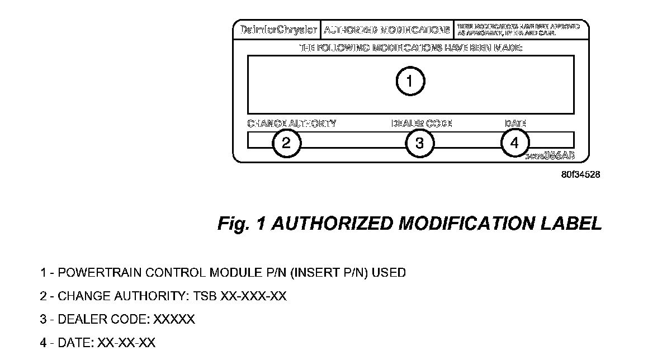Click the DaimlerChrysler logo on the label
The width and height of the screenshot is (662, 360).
coord(276,30)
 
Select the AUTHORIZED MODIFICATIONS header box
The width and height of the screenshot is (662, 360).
coord(386,30)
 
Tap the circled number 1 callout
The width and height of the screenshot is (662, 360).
coord(410,82)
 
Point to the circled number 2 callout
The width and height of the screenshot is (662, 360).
coord(286,143)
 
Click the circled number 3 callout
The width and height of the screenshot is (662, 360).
coord(419,143)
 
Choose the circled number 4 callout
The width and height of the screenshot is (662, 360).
coord(514,143)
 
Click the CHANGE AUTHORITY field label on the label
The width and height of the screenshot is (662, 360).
coord(291,124)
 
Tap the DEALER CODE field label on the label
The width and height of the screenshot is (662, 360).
coord(422,124)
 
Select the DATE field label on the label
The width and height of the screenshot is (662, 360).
coord(515,124)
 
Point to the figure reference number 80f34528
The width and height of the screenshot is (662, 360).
coord(581,174)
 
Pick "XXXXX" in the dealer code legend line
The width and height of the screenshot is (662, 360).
coord(174,320)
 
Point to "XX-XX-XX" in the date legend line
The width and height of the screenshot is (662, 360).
coord(126,343)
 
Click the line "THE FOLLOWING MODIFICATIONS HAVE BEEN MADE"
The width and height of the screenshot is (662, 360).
coord(410,48)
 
